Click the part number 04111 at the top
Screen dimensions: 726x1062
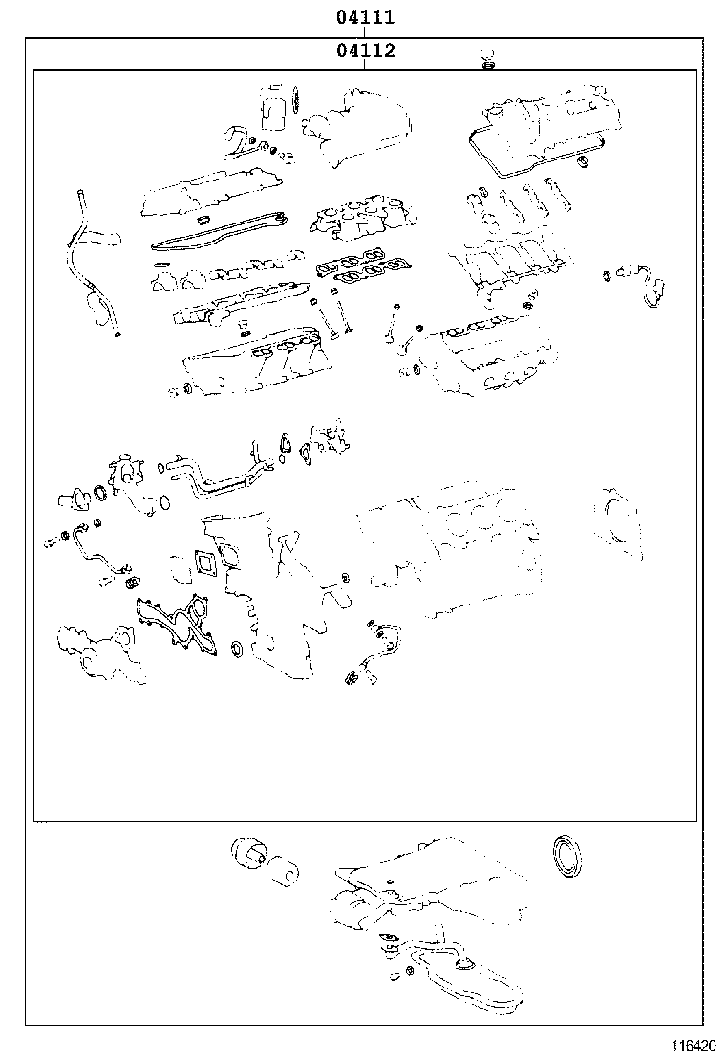pos(365,16)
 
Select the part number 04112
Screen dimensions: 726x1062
pos(365,50)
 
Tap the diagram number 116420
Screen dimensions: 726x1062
pos(693,1045)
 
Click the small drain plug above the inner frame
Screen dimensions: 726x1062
pos(487,59)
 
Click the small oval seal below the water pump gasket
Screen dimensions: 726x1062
pos(236,648)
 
